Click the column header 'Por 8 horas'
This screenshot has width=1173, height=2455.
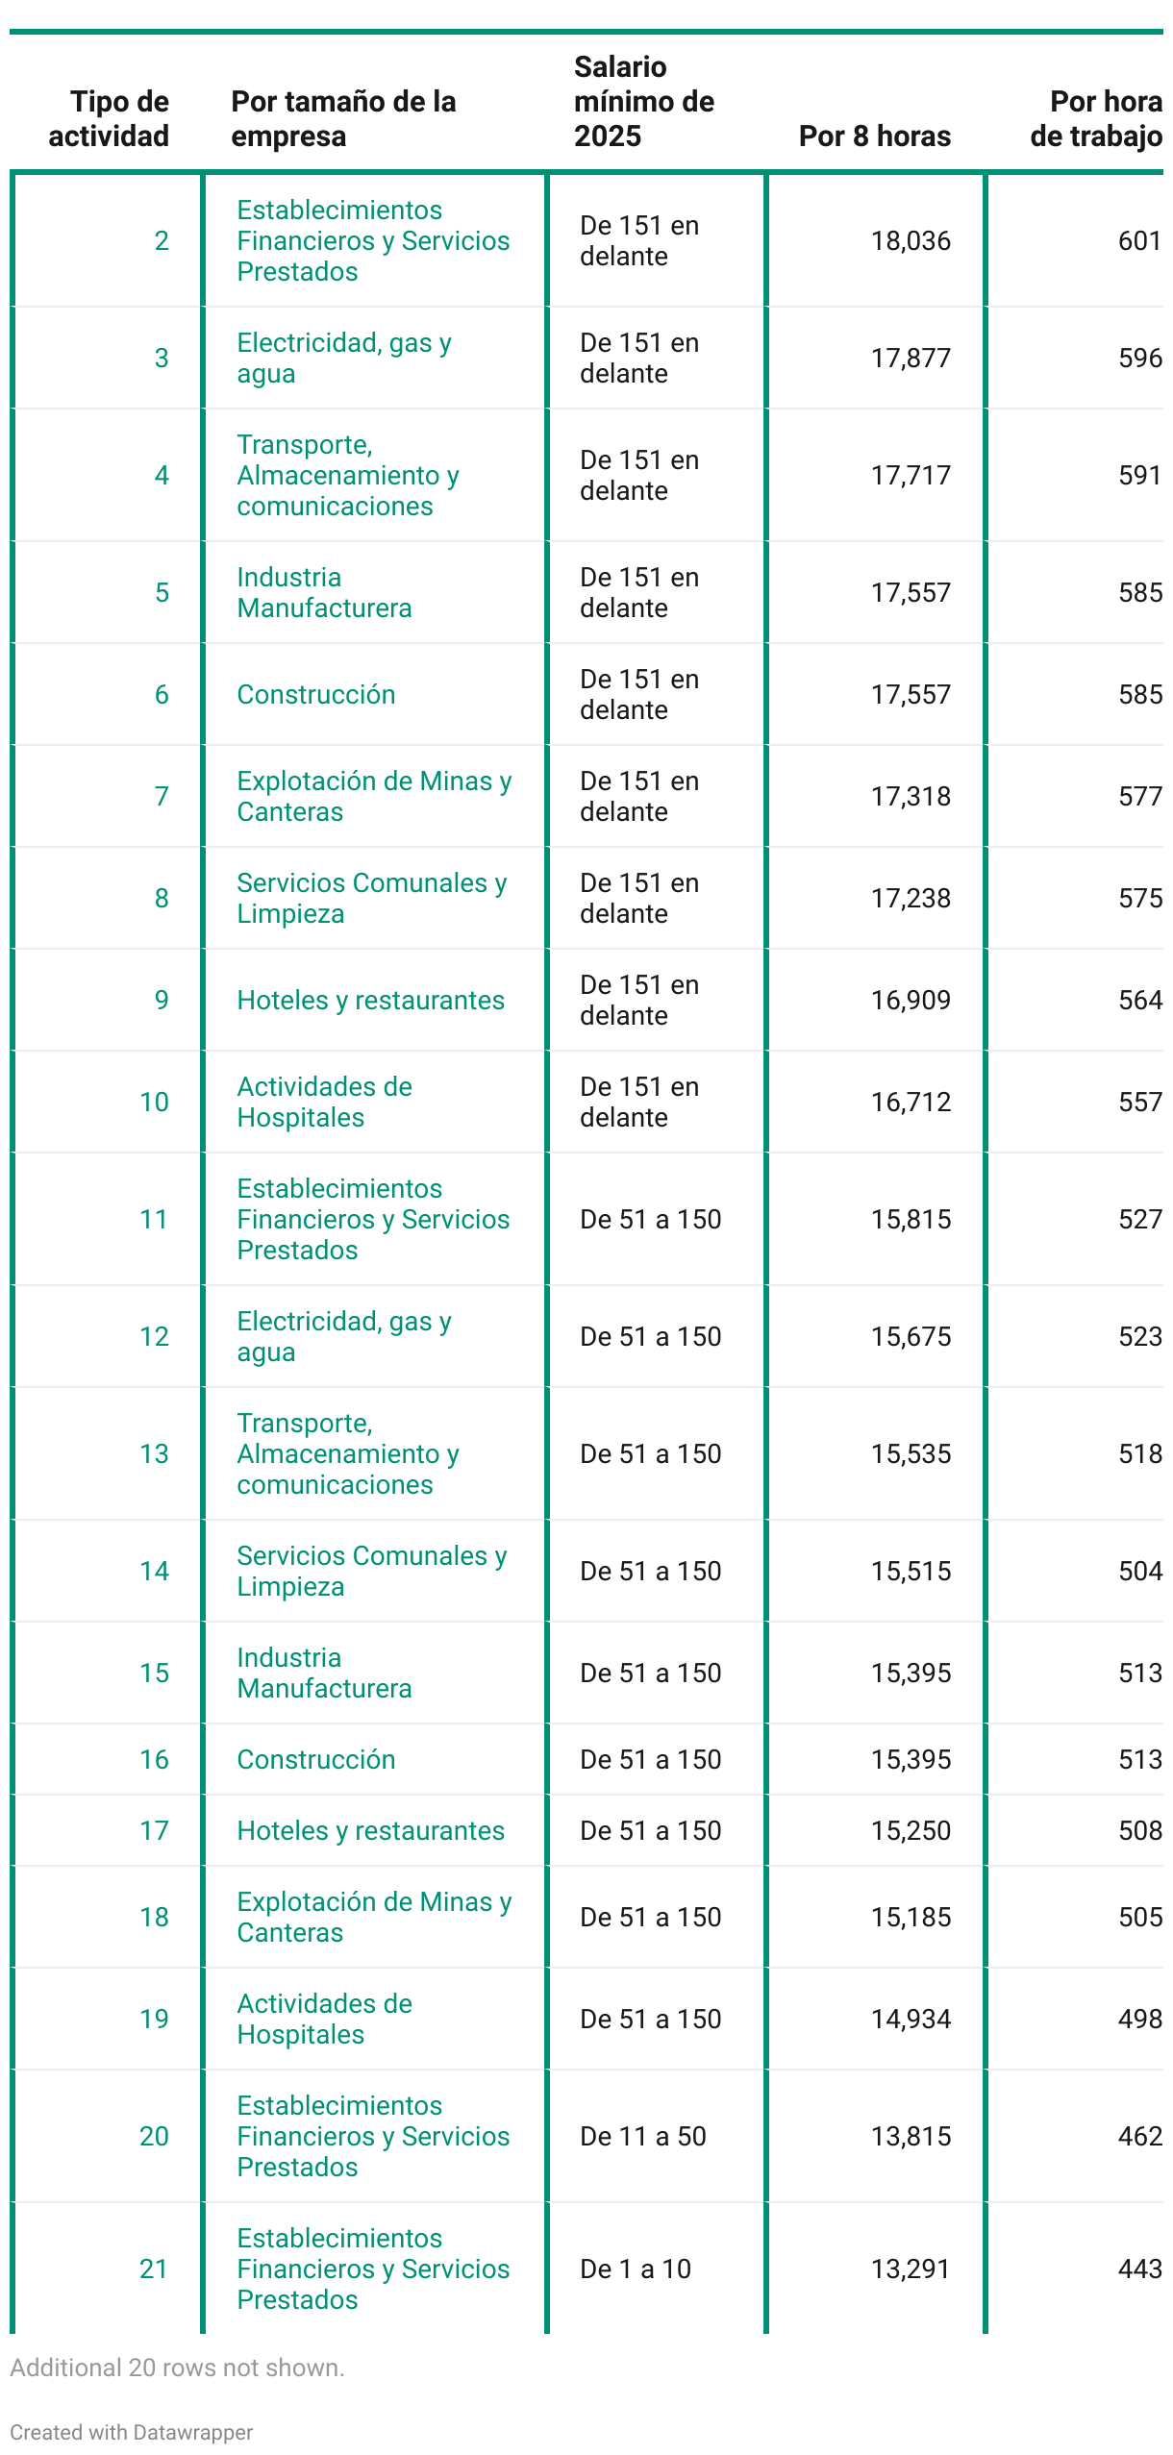click(x=874, y=136)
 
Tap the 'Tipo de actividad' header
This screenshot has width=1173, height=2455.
click(x=109, y=119)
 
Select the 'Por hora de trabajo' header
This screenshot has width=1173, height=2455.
click(x=1095, y=119)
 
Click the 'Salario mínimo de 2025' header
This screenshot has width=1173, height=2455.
click(x=643, y=102)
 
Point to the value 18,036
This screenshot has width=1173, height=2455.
click(x=910, y=241)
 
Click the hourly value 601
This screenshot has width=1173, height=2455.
click(x=1139, y=241)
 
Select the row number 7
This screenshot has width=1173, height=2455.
click(x=162, y=797)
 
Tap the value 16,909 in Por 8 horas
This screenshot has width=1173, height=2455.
click(x=910, y=1001)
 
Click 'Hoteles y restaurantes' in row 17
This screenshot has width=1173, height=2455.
click(x=370, y=1831)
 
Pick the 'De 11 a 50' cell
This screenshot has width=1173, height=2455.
click(x=642, y=2137)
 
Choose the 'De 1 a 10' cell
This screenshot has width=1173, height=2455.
click(x=635, y=2269)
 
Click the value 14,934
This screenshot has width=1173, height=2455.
click(x=910, y=2020)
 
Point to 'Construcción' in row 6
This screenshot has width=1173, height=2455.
click(x=315, y=695)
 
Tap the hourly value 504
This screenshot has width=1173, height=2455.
click(x=1139, y=1572)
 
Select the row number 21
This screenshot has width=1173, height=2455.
click(x=154, y=2269)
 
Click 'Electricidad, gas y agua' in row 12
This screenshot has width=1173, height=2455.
click(x=343, y=1337)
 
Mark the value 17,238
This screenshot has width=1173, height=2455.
click(x=910, y=899)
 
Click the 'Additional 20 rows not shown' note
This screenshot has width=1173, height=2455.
click(x=177, y=2368)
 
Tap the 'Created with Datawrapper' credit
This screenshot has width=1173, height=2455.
click(x=131, y=2433)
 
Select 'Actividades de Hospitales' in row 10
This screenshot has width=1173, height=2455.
click(x=324, y=1103)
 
